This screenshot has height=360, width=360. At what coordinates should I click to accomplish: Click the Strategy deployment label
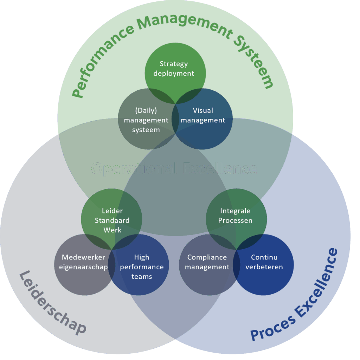(174, 69)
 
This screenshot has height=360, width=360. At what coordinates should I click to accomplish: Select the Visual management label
(203, 115)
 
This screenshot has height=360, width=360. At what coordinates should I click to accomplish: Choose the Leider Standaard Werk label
(112, 220)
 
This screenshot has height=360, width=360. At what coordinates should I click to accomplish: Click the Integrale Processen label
(235, 216)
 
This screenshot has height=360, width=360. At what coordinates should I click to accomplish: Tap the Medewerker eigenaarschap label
(83, 262)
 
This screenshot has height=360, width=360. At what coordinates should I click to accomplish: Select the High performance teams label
(142, 267)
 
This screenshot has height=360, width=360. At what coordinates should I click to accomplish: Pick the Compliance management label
(207, 262)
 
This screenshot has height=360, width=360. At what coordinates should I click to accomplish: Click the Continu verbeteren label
(264, 262)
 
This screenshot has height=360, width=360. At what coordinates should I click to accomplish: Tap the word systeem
(146, 130)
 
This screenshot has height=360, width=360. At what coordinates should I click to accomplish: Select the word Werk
(112, 230)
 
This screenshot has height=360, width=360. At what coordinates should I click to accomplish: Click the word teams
(142, 276)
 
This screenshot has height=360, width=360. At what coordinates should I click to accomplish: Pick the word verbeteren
(264, 267)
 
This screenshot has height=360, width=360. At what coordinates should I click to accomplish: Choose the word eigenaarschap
(83, 267)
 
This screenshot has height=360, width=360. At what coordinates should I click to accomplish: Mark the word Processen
(235, 220)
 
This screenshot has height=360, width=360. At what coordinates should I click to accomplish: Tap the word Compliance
(207, 257)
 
